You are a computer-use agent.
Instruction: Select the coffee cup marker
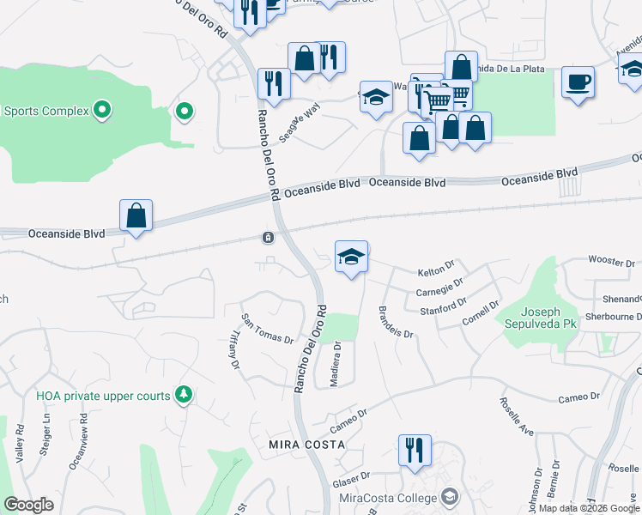pos(578,82)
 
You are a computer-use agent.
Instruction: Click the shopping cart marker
pos(439,100)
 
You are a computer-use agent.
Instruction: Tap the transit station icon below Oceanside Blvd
pos(269,237)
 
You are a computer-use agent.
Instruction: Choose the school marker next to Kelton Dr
pos(351,257)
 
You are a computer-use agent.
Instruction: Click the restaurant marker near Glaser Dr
pos(415,450)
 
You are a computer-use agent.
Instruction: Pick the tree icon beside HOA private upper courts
pos(182,394)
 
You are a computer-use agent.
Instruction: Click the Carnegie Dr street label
pos(439,288)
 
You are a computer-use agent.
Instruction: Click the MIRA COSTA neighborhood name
pos(306,445)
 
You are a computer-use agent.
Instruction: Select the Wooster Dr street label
pos(610,260)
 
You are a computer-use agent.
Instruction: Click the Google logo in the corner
pos(28,505)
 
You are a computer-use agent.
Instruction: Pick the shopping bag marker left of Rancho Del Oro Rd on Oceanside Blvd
pos(136,215)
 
